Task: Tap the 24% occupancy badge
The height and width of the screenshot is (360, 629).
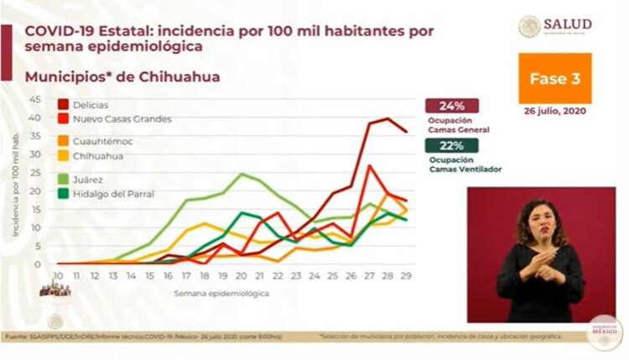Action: coord(452,107)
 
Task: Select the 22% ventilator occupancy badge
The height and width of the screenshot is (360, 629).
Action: coord(452,145)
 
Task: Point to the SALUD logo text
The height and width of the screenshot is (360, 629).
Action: coord(568,24)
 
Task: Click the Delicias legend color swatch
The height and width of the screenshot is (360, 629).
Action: coord(63,104)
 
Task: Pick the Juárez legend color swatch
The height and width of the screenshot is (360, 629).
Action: coord(63,179)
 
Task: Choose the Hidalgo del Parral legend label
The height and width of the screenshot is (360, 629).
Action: coord(108,195)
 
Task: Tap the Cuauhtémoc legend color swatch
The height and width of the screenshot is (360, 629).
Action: coord(63,141)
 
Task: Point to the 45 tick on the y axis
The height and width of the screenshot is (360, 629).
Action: coord(34,99)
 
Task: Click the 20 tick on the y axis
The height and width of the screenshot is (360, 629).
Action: coord(34,190)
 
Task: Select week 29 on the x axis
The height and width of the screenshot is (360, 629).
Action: coord(406,274)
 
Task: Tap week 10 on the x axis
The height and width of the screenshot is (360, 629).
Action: coord(59,274)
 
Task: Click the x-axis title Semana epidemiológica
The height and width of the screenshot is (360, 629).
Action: coord(222,295)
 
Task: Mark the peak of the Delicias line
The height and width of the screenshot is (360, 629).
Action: coord(387,118)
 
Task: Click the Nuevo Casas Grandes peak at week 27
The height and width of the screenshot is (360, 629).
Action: coord(370,165)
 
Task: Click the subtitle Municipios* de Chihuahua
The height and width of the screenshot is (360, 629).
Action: coord(122,77)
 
